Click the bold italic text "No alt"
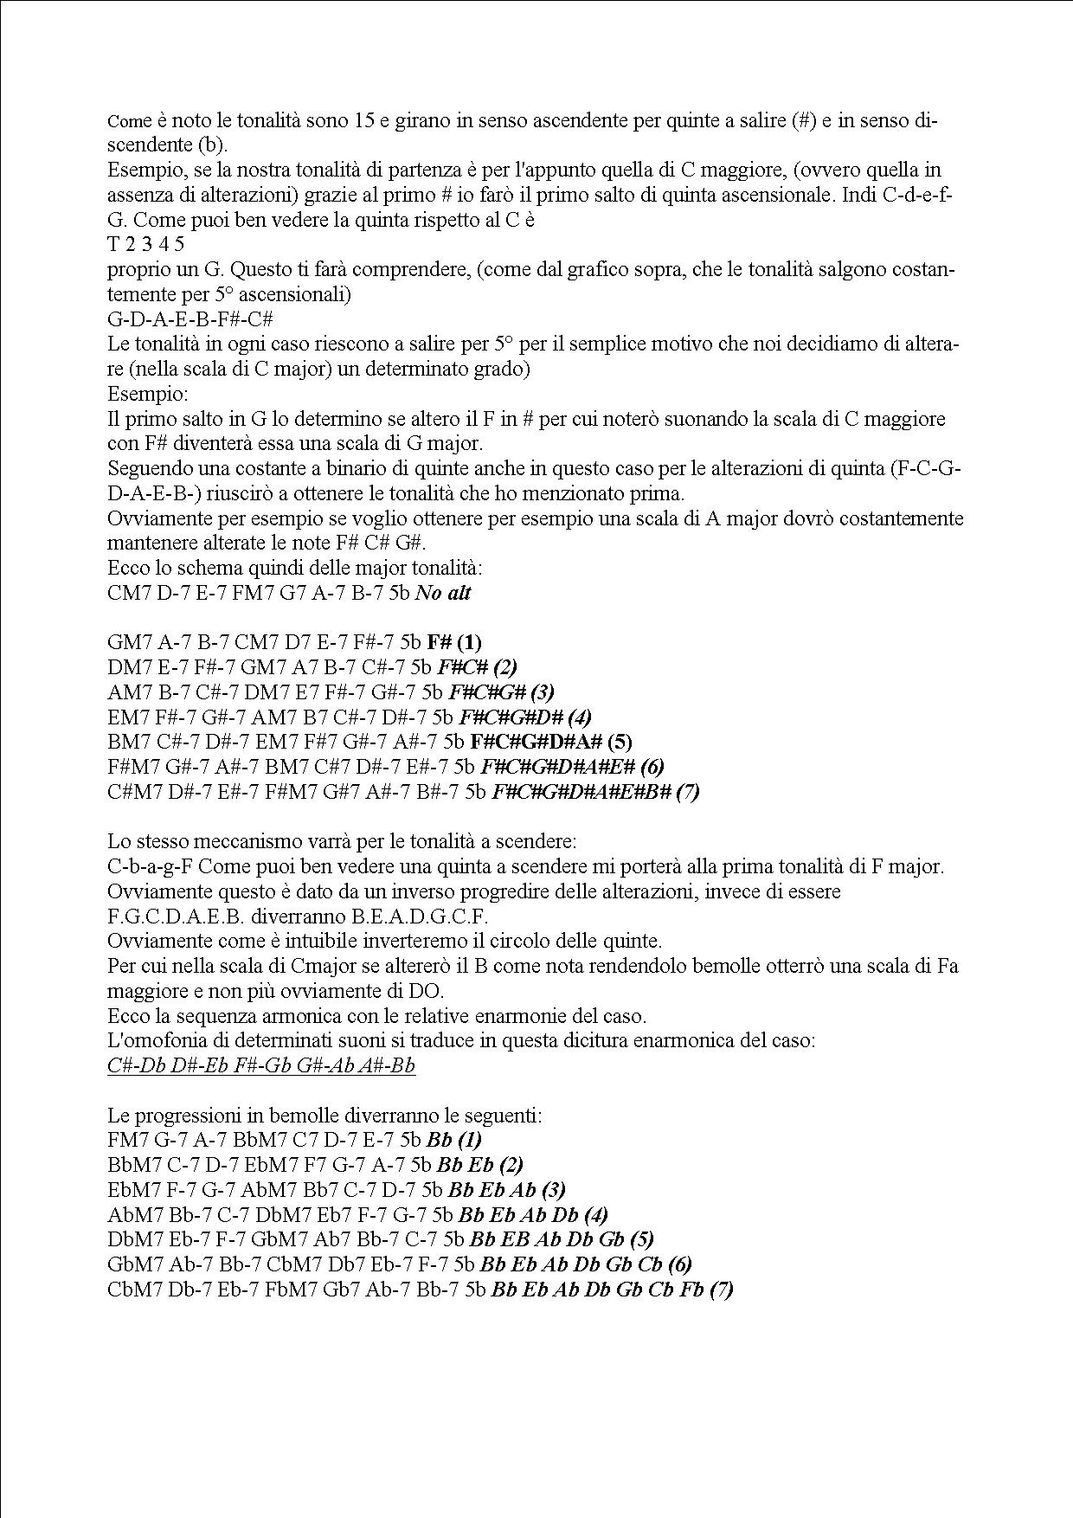[x=443, y=594]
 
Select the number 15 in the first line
[x=365, y=120]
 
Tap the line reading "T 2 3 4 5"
[x=145, y=244]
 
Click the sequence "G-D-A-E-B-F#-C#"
[x=190, y=319]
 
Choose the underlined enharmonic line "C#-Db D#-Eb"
[x=261, y=1065]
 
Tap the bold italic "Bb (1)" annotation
[x=454, y=1141]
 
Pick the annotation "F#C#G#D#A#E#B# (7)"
[x=595, y=792]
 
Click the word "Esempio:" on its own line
[x=147, y=395]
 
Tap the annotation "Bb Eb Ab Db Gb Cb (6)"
[x=586, y=1265]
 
